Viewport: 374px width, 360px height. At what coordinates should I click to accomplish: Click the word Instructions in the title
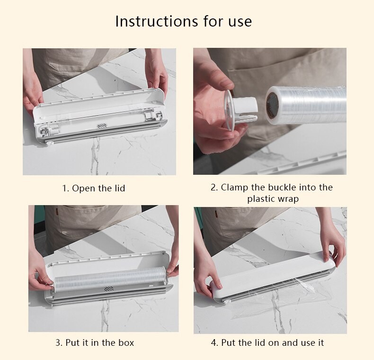point(157,21)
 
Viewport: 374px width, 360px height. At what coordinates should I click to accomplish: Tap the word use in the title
point(240,22)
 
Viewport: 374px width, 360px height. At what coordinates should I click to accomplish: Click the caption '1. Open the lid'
point(94,188)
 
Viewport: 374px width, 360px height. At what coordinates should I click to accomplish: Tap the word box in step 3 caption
point(126,342)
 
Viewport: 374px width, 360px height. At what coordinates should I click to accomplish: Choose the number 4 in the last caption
point(214,342)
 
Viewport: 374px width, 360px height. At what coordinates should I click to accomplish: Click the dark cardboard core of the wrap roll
point(272,105)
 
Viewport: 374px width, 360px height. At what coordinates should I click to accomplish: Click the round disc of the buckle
point(228,110)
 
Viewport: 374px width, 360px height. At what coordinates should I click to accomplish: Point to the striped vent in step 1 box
point(102,126)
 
